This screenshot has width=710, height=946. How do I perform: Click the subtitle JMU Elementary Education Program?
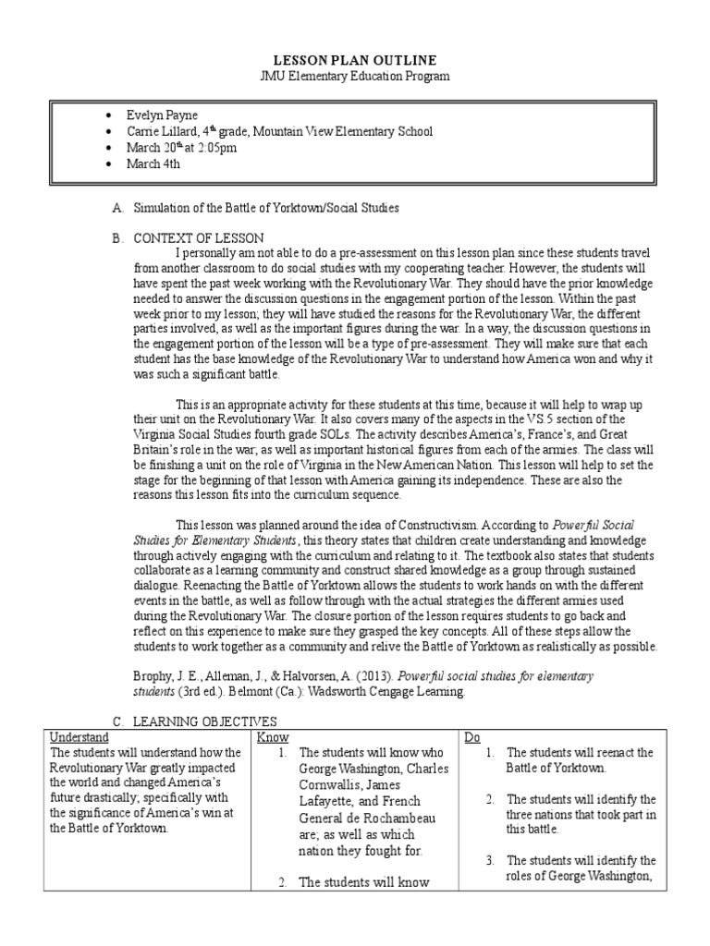click(354, 76)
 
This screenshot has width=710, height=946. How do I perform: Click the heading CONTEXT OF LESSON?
click(199, 237)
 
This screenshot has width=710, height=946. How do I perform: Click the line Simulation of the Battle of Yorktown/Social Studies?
click(266, 208)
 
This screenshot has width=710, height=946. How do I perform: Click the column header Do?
click(472, 737)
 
